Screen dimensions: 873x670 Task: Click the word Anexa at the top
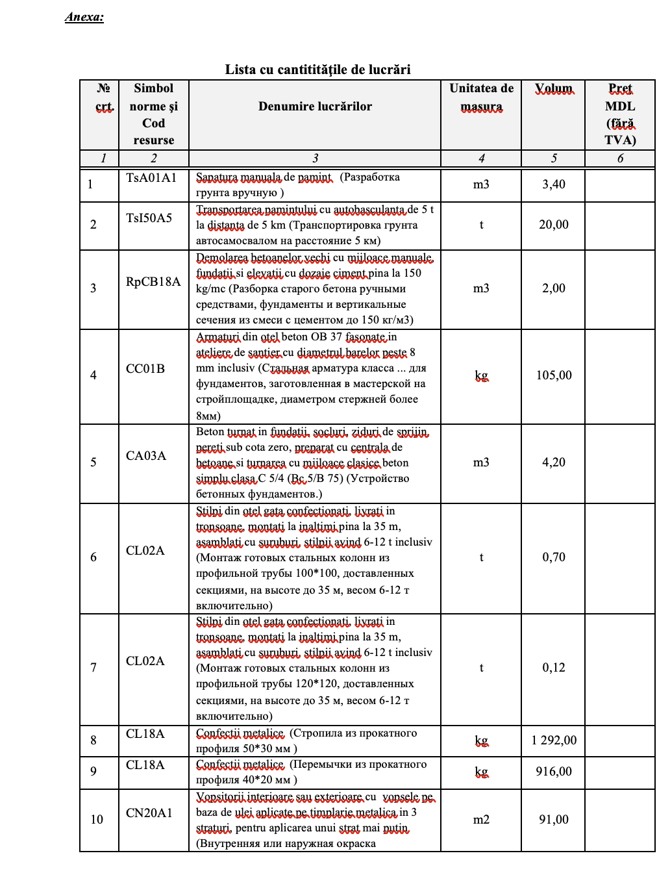coord(84,17)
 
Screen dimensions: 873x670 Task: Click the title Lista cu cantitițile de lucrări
coord(317,70)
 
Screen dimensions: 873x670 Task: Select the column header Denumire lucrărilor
coord(315,107)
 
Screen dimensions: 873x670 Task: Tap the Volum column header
coord(553,88)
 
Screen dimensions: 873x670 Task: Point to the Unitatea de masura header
coord(481,97)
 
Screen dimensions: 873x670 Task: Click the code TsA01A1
coord(151,178)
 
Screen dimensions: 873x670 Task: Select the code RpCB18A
coord(153,282)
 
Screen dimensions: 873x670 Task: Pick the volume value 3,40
coord(554,184)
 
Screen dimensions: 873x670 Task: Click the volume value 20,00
coord(554,225)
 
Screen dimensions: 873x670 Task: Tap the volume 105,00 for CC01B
coord(554,375)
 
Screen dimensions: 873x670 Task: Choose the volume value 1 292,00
coord(554,740)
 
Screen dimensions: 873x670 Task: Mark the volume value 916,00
coord(554,772)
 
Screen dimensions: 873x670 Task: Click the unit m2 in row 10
coord(481,820)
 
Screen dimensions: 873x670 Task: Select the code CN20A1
coord(149,813)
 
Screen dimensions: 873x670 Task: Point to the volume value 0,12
coord(554,668)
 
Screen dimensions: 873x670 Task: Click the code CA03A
coord(146,456)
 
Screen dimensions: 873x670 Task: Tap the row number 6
coord(93,557)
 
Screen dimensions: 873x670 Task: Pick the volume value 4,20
coord(554,462)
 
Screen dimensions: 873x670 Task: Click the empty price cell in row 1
coord(619,184)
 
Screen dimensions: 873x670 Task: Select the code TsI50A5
coord(149,218)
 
